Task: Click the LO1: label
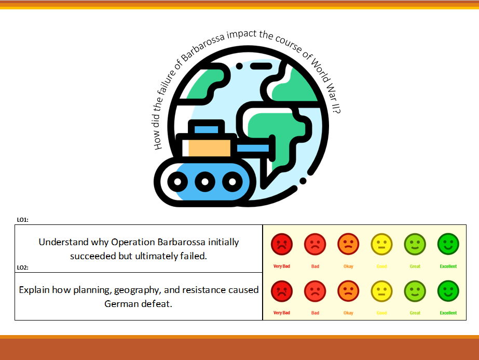click(x=22, y=220)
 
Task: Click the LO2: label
click(x=22, y=268)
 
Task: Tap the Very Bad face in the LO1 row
click(x=282, y=244)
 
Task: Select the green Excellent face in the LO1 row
click(x=448, y=244)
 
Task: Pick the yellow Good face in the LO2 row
click(x=381, y=291)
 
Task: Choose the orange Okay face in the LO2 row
click(x=348, y=291)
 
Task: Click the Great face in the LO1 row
click(x=415, y=244)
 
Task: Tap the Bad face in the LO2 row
click(x=315, y=291)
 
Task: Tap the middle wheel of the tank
click(x=205, y=182)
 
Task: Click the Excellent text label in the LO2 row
click(x=448, y=313)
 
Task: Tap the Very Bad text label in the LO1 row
click(x=282, y=266)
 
